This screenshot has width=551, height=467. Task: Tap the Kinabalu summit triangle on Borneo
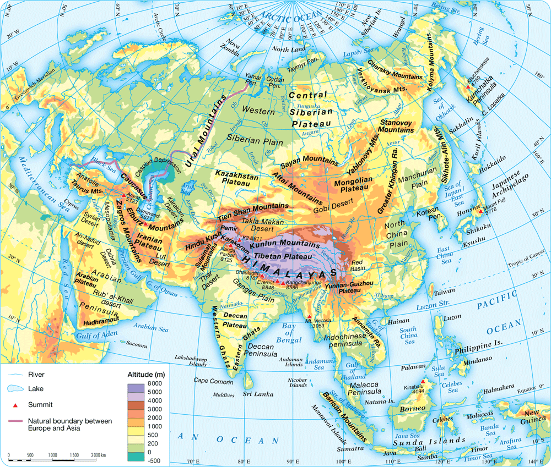pos(423,382)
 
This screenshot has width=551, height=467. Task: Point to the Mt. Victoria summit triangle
pos(310,316)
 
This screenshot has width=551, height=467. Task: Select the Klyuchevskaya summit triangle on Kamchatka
pos(468,80)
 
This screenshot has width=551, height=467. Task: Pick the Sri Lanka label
pos(255,394)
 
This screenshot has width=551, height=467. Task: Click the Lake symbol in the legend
pos(16,389)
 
